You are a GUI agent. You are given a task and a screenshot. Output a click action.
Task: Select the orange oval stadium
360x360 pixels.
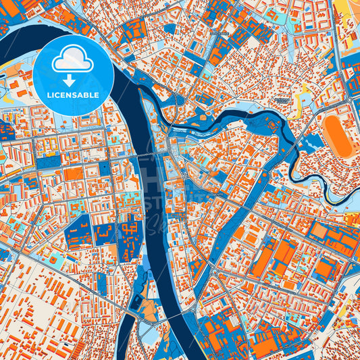pyautogui.click(x=336, y=135)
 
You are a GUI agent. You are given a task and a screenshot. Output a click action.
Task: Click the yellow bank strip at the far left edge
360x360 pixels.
pyautogui.click(x=5, y=66)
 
